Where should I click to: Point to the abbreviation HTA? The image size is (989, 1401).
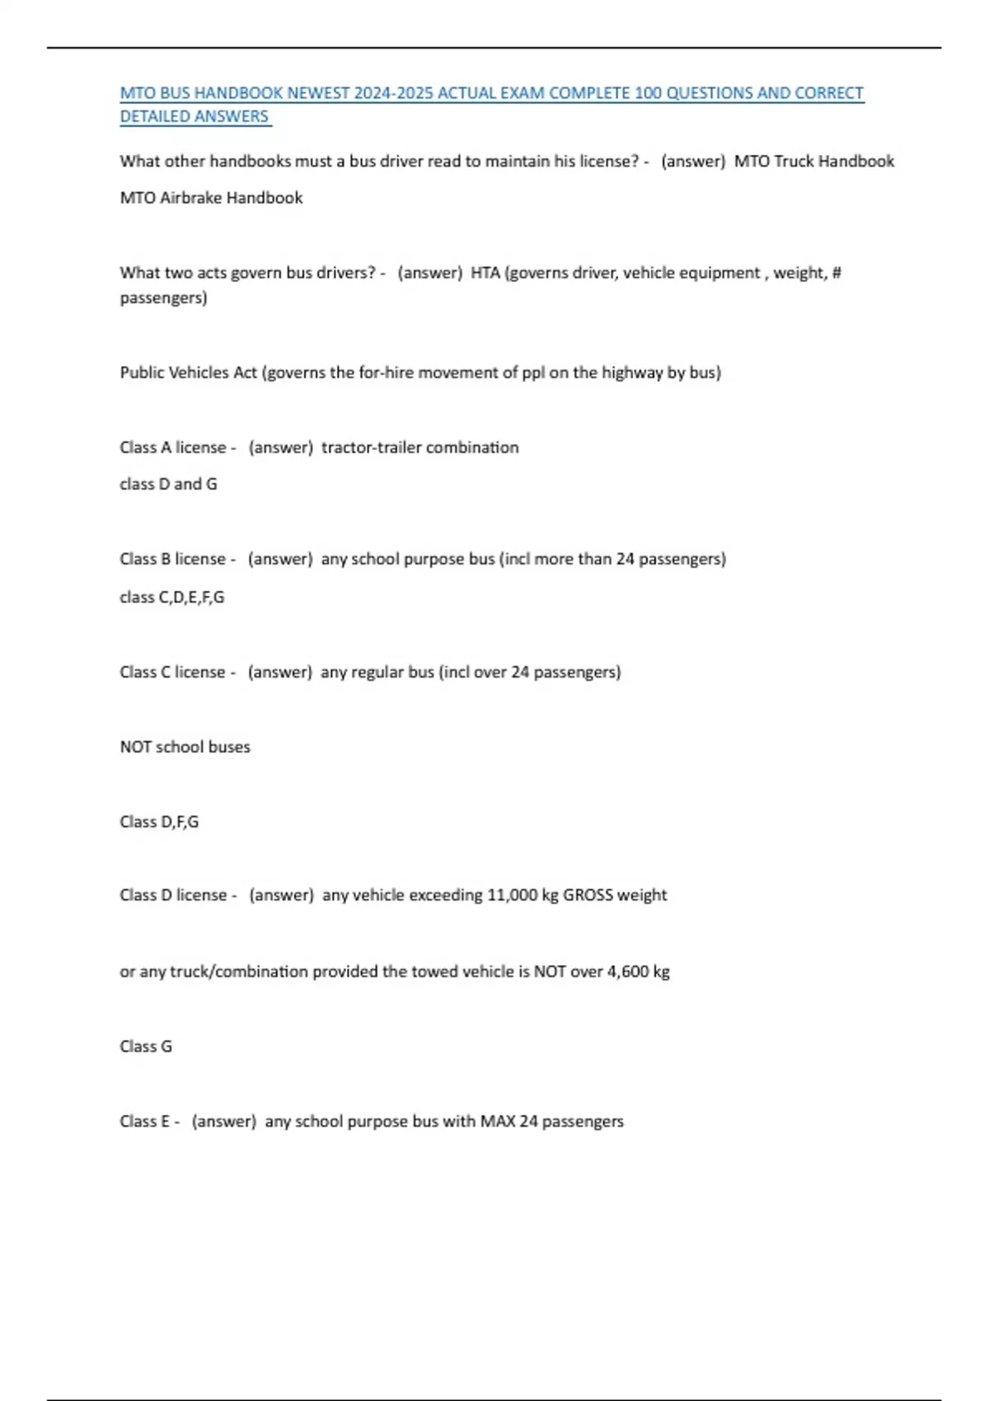click(x=485, y=273)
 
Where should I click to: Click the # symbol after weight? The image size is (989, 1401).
click(x=836, y=273)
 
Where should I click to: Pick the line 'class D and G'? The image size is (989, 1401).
click(x=168, y=484)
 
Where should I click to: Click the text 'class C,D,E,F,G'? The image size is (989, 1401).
click(x=171, y=597)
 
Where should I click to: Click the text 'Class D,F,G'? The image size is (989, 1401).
click(x=159, y=822)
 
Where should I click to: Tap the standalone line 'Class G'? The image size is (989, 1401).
click(x=146, y=1047)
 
